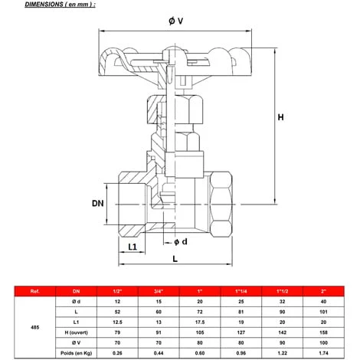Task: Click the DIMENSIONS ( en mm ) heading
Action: tap(49, 5)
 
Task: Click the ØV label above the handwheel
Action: tap(175, 21)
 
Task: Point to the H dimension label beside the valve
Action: tap(281, 117)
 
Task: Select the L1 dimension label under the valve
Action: tap(132, 247)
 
